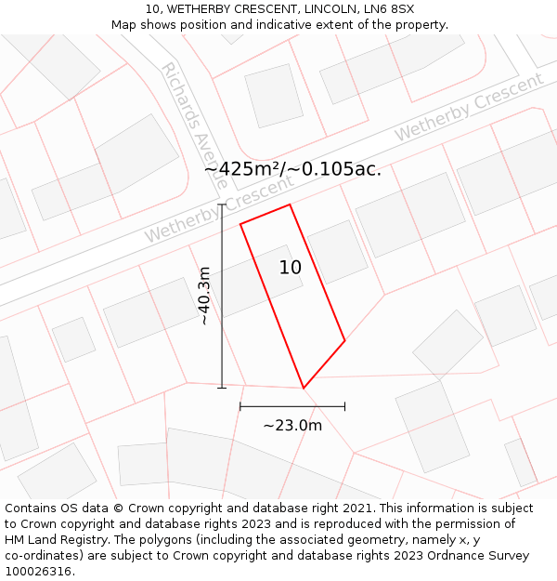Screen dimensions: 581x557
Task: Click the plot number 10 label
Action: tap(291, 268)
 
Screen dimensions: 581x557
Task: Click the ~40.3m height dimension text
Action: tap(204, 296)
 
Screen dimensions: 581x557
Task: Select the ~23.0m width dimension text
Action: tap(292, 426)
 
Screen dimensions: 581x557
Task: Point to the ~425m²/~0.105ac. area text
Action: tap(292, 169)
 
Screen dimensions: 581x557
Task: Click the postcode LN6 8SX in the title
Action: tap(389, 9)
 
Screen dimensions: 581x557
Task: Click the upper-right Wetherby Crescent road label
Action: tap(469, 107)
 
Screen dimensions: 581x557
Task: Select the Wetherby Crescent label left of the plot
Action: tap(219, 211)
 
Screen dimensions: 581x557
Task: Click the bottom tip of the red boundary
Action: tap(304, 388)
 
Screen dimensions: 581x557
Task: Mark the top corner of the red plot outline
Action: tap(290, 205)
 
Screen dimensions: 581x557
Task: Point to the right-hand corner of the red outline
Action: tap(344, 340)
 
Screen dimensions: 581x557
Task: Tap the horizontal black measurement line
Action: tap(292, 406)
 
